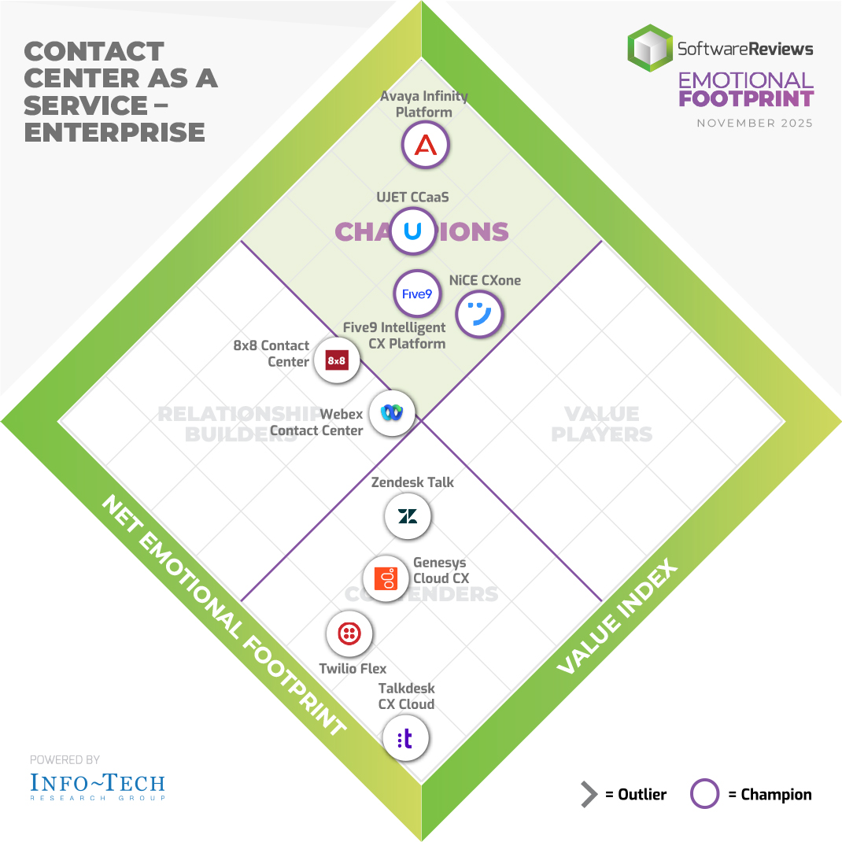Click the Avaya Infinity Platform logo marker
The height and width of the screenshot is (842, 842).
point(425,146)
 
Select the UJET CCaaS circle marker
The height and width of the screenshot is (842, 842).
point(412,231)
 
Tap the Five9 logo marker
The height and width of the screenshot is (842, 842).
point(417,293)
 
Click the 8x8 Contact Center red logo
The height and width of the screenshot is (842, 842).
point(337,360)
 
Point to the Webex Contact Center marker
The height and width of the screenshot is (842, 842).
point(391,412)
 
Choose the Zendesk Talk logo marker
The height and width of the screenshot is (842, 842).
point(408,516)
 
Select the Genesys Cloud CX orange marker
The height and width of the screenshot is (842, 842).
point(386,578)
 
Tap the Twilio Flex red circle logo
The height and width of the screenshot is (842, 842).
point(349,633)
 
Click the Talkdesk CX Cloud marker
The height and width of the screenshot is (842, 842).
point(405,739)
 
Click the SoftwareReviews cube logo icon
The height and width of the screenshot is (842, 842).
point(650,48)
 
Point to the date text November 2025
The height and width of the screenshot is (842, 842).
point(755,124)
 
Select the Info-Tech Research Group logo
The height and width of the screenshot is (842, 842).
point(98,785)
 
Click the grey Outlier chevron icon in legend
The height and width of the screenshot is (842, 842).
point(589,795)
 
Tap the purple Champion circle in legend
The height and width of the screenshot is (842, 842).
point(704,795)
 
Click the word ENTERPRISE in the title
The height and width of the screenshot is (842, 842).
point(115,131)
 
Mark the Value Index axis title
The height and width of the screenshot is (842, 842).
point(619,618)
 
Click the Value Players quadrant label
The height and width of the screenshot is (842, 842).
point(602,423)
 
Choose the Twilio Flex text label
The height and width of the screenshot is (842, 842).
point(353,669)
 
